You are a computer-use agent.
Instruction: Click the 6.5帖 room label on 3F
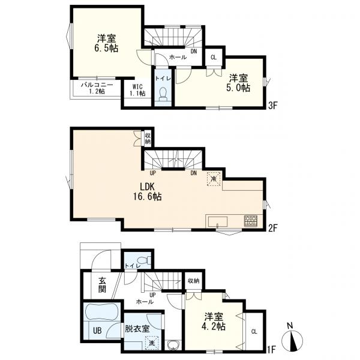(107, 43)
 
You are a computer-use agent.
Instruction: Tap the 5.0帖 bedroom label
(238, 83)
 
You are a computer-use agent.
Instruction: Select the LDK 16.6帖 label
(148, 192)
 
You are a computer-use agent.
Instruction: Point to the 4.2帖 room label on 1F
(214, 322)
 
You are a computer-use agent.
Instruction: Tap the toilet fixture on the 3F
(163, 94)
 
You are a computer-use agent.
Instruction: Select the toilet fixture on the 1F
(144, 260)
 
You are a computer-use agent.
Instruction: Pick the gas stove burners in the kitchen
(250, 221)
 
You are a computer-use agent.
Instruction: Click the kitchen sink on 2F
(218, 222)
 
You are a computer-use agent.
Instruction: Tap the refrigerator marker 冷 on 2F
(214, 179)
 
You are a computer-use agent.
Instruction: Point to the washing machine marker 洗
(151, 343)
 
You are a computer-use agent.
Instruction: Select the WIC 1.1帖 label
(137, 90)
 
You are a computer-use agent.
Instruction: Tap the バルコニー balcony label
(97, 88)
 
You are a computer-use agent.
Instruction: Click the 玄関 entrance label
(102, 285)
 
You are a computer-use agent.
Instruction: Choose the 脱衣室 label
(137, 329)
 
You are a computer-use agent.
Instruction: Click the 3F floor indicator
(273, 106)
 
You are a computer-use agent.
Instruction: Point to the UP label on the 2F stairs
(152, 173)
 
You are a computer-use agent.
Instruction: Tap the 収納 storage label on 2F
(148, 139)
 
